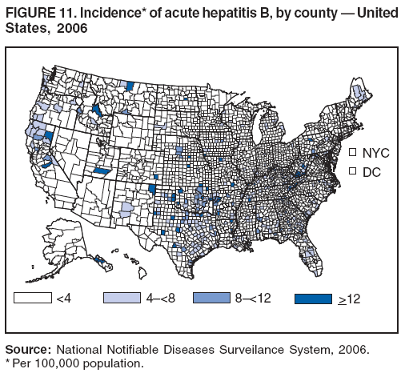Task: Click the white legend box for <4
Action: pos(33,298)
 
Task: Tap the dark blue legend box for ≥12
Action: pos(311,298)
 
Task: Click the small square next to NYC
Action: pos(351,151)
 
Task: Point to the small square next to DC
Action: pos(351,171)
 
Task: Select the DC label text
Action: pos(371,172)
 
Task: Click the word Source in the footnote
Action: pos(29,349)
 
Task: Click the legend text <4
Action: pos(65,299)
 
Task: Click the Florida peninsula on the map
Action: pos(308,252)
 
